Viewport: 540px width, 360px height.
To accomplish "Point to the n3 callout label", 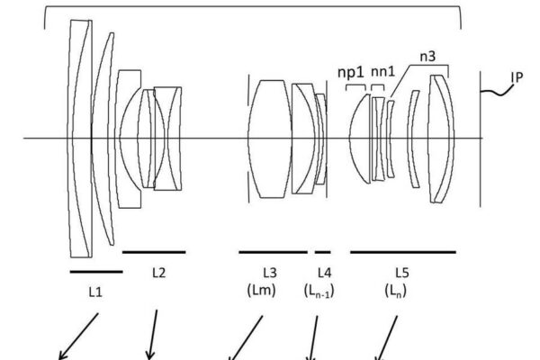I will coord(428,56).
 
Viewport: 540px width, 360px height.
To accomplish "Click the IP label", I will coord(517,77).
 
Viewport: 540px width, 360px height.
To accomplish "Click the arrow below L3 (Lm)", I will coord(247,337).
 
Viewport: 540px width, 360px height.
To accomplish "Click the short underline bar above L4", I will coord(322,253).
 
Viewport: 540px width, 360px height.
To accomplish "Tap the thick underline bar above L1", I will coord(95,270).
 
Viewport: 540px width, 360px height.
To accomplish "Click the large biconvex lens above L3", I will coord(269,138).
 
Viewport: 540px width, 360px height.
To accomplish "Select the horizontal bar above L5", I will coord(402,253).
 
